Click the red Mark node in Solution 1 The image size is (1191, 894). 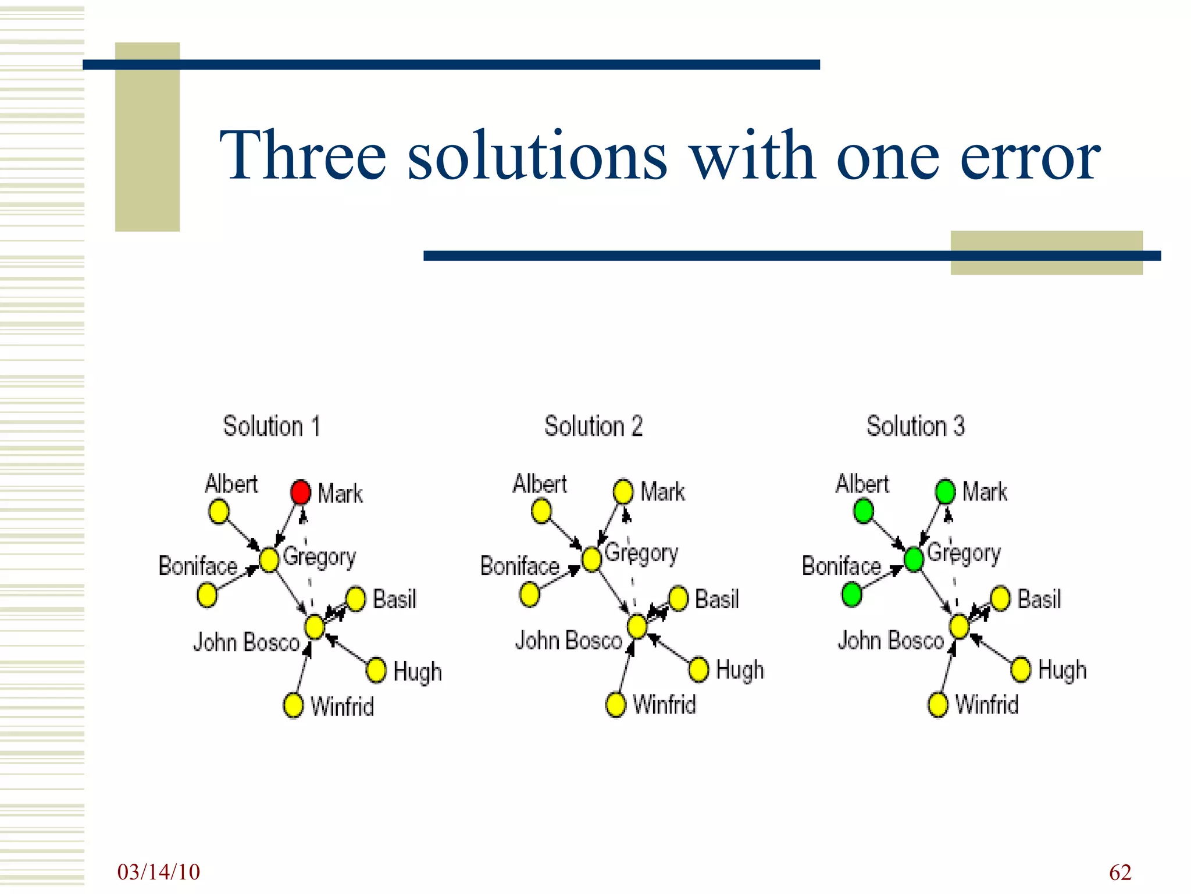pos(301,492)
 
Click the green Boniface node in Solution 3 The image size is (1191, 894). pos(851,595)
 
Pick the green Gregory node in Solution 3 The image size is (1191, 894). pos(914,559)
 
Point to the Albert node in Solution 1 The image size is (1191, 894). pos(219,512)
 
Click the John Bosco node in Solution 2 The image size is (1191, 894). pos(637,627)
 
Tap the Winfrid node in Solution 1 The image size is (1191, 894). pos(293,705)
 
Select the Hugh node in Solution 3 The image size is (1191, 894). pos(1021,670)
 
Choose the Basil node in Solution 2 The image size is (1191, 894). pos(678,598)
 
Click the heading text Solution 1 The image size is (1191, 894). pos(272,426)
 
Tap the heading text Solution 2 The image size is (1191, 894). pos(593,426)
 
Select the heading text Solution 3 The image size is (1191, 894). pos(915,426)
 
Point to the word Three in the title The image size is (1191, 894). pos(302,156)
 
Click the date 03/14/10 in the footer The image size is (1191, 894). pos(158,872)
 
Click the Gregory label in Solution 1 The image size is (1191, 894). pos(319,558)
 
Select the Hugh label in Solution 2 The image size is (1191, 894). pos(740,670)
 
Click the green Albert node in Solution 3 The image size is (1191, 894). pos(864,512)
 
